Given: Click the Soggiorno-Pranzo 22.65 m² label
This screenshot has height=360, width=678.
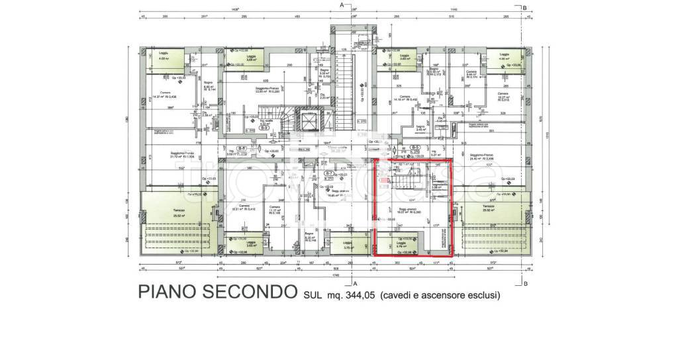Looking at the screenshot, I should coord(252,90).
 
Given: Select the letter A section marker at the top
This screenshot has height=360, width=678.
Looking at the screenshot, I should coord(342,5).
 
